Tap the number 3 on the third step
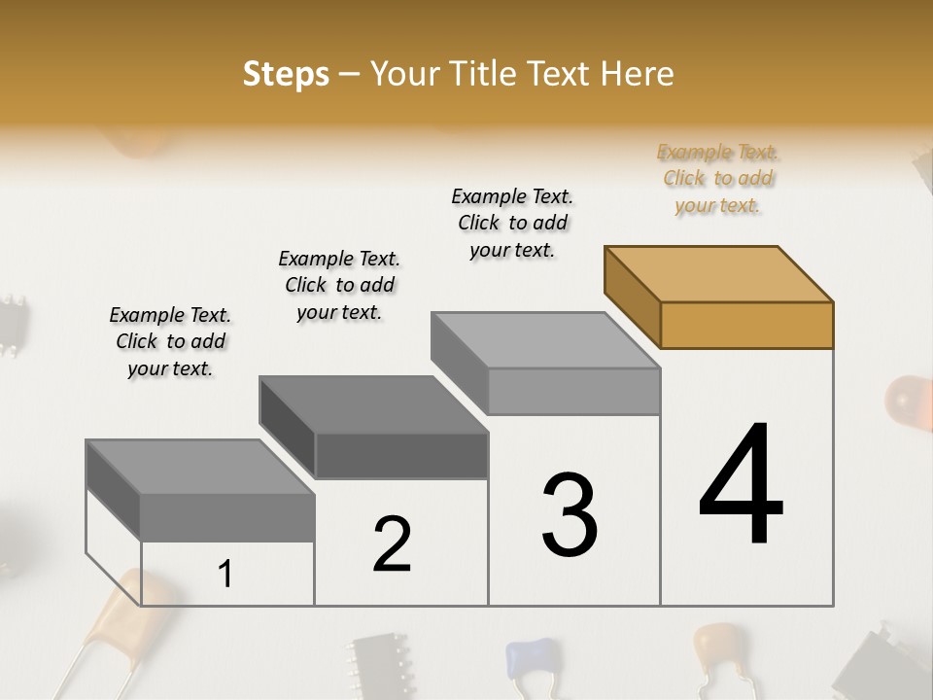[x=569, y=514]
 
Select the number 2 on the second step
[x=392, y=544]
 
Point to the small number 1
[x=225, y=575]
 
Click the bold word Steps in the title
[x=286, y=74]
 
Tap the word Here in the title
[x=638, y=74]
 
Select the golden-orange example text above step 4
[x=718, y=179]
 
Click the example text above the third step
[x=512, y=223]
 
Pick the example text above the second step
[x=339, y=285]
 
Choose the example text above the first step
[x=170, y=341]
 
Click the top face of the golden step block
[x=719, y=273]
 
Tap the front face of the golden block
[x=746, y=325]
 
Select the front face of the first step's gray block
[x=227, y=517]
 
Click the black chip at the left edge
[x=12, y=323]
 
